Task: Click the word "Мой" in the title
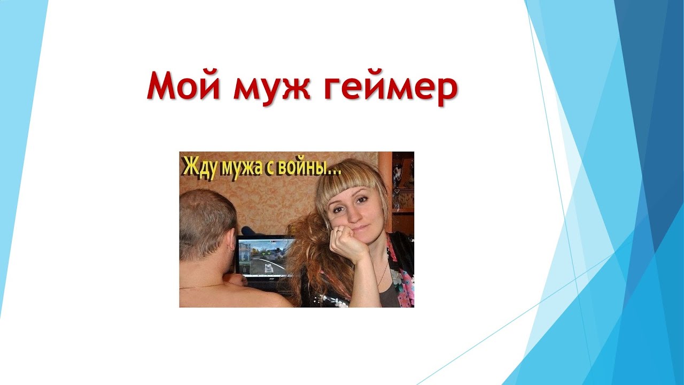coord(183,86)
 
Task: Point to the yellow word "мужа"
coord(242,170)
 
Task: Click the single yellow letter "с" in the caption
coord(269,170)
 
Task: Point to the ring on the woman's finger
coord(338,233)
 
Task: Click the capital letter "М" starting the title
coord(161,86)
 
